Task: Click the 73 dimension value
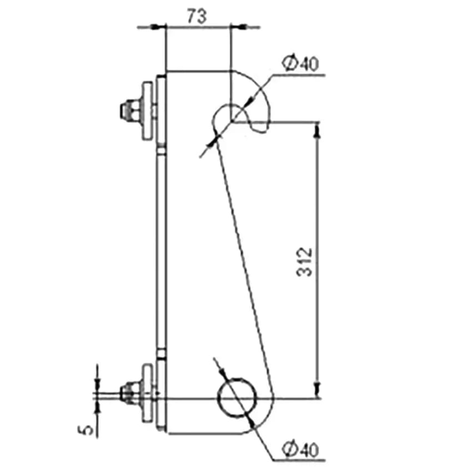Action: click(197, 16)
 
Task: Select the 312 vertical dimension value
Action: click(304, 261)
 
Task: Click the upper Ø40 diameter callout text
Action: click(300, 63)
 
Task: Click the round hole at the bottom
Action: click(237, 398)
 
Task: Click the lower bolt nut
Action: click(130, 392)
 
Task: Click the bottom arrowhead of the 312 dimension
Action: click(318, 390)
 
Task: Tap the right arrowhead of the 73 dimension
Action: click(238, 27)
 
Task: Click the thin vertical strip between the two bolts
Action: click(162, 251)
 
